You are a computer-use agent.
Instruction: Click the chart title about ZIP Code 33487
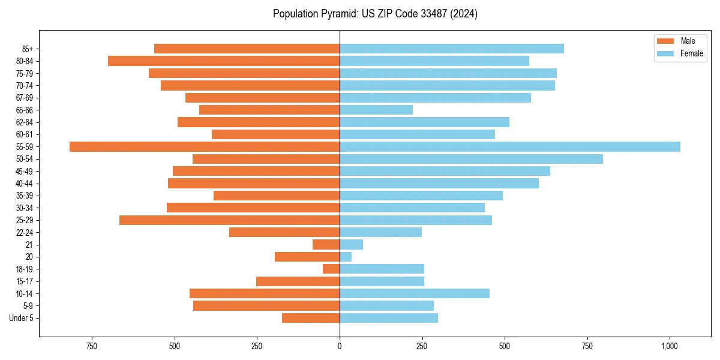coord(375,14)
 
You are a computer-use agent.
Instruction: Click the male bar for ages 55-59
coord(205,147)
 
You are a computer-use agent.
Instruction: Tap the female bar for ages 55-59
coord(510,147)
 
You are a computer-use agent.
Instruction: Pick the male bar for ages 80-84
coord(224,61)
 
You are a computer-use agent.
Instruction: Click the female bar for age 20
coord(346,257)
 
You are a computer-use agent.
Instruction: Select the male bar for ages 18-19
coord(331,269)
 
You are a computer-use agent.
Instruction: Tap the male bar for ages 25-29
coord(229,220)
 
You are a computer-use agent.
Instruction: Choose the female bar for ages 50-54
coord(471,159)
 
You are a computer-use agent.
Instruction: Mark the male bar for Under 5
coord(311,318)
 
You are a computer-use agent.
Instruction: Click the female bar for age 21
coord(351,245)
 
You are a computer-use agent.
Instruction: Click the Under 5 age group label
coord(21,318)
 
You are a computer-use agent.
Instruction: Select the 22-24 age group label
coord(24,233)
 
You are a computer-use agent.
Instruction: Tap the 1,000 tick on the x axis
coord(670,346)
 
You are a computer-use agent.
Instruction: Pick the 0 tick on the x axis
coord(340,346)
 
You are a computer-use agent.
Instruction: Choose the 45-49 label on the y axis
coord(24,172)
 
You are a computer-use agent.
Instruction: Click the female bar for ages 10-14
coord(415,293)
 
